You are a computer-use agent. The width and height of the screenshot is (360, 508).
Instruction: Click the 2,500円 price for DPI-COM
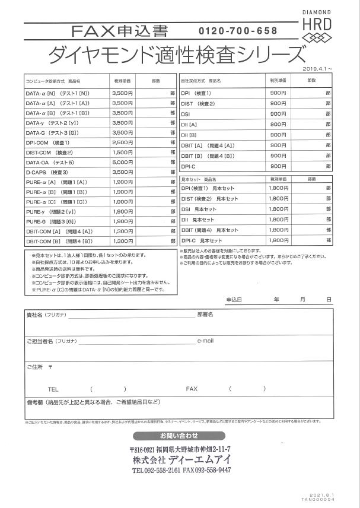pyautogui.click(x=122, y=143)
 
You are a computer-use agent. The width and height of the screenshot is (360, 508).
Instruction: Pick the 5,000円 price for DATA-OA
pyautogui.click(x=122, y=162)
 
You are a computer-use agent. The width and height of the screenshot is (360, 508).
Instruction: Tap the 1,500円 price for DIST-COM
pyautogui.click(x=122, y=153)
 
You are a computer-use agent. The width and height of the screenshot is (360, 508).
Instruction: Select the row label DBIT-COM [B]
pyautogui.click(x=58, y=241)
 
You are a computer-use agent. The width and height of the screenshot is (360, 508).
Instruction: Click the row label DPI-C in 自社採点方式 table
pyautogui.click(x=190, y=167)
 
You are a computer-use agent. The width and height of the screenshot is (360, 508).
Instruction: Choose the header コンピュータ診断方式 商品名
pyautogui.click(x=52, y=80)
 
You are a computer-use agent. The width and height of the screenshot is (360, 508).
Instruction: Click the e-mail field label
pyautogui.click(x=205, y=341)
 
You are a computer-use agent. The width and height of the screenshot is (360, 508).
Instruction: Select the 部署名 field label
pyautogui.click(x=205, y=314)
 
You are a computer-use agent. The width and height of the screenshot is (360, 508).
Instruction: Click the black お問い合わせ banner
pyautogui.click(x=180, y=436)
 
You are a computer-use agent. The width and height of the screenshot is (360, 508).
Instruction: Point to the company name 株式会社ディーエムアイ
pyautogui.click(x=182, y=459)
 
